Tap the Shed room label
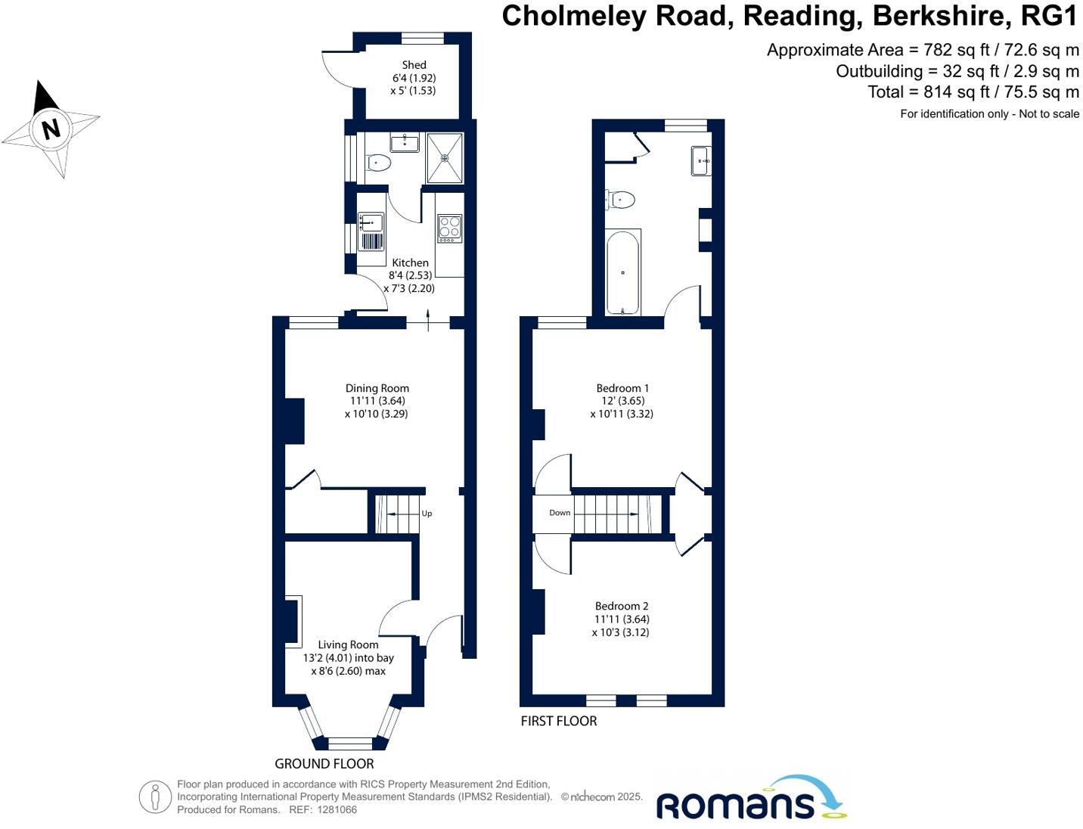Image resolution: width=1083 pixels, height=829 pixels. [x=414, y=65]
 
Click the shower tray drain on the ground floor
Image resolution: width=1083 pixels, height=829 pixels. [x=445, y=158]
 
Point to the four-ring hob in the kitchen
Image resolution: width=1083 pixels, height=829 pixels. [x=449, y=228]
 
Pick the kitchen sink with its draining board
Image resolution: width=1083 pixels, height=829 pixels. [x=371, y=231]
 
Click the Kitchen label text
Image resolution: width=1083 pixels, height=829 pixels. [x=410, y=262]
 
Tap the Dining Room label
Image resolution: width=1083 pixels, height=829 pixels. [x=377, y=388]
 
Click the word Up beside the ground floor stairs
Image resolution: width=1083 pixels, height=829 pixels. [x=427, y=514]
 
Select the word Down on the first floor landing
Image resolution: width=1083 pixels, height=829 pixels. [x=560, y=513]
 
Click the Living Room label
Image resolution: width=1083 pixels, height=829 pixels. [x=348, y=644]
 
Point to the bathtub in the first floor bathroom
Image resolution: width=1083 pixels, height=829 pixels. [x=623, y=272]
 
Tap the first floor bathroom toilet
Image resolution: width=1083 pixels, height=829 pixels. [x=622, y=200]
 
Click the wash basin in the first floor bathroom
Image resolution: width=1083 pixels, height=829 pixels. [x=700, y=160]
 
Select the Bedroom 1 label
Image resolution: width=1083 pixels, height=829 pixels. [x=622, y=388]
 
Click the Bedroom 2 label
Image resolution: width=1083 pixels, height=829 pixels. [x=622, y=606]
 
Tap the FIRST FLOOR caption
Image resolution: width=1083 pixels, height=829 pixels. [x=559, y=721]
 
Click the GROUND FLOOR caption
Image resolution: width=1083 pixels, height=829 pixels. [x=324, y=764]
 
